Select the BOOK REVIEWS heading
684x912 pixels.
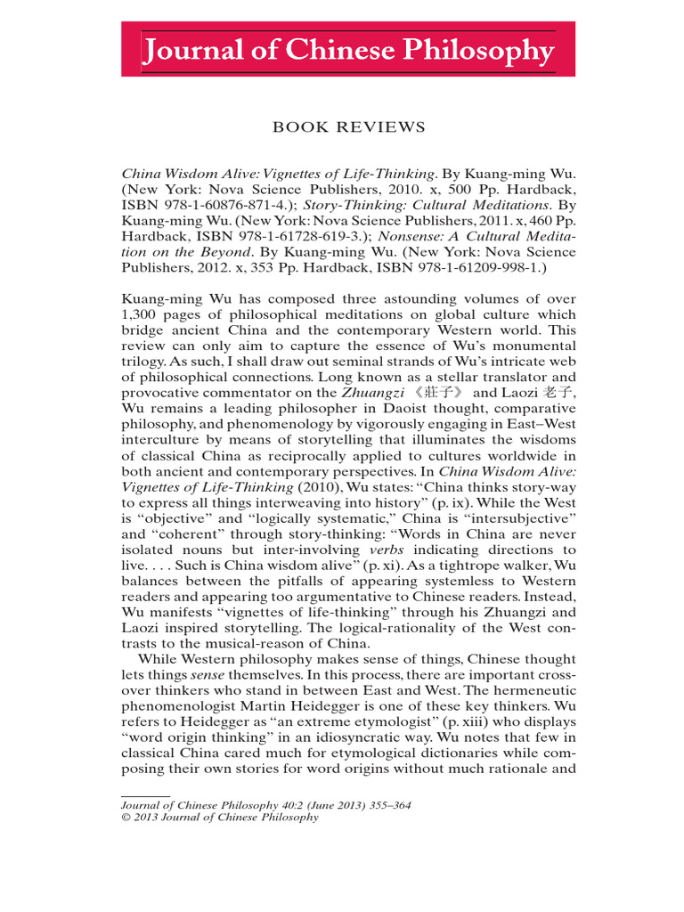348,127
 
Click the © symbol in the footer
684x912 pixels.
124,818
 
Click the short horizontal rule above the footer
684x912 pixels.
144,795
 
